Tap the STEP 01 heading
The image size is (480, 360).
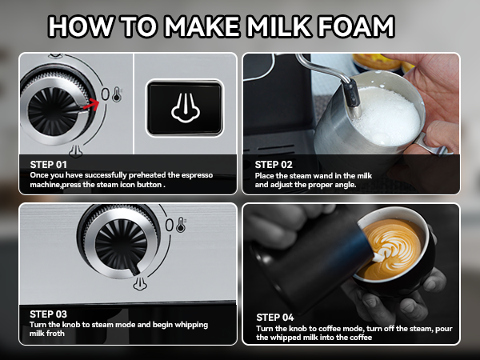pyautogui.click(x=48, y=163)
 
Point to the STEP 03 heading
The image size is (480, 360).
pyautogui.click(x=48, y=314)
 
